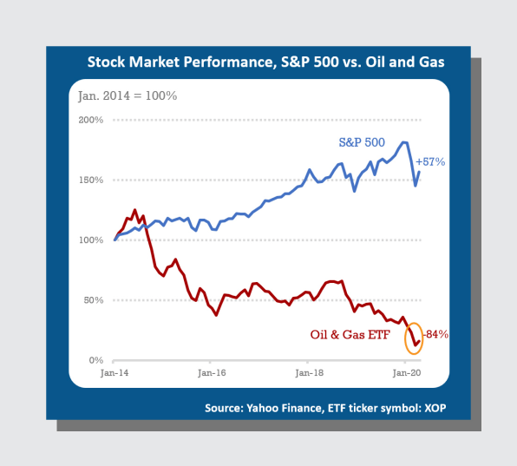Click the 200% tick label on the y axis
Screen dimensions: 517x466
click(91, 120)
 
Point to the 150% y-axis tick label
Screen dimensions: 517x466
click(91, 180)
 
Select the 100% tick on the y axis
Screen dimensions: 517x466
click(91, 240)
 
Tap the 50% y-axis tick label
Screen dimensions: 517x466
click(94, 300)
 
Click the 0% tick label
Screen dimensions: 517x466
click(96, 360)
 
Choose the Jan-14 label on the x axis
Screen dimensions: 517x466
click(115, 373)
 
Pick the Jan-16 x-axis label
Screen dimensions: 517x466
click(212, 373)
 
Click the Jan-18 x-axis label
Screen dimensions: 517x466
click(310, 373)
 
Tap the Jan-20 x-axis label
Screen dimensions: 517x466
click(407, 373)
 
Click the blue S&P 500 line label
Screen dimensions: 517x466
click(362, 142)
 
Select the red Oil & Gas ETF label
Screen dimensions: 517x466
click(350, 335)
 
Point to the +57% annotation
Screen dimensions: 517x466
click(430, 161)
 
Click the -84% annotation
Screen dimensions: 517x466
click(435, 334)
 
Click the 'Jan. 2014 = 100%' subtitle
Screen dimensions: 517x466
click(128, 96)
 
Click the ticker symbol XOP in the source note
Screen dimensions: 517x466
click(435, 408)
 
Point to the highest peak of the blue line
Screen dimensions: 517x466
click(403, 142)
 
